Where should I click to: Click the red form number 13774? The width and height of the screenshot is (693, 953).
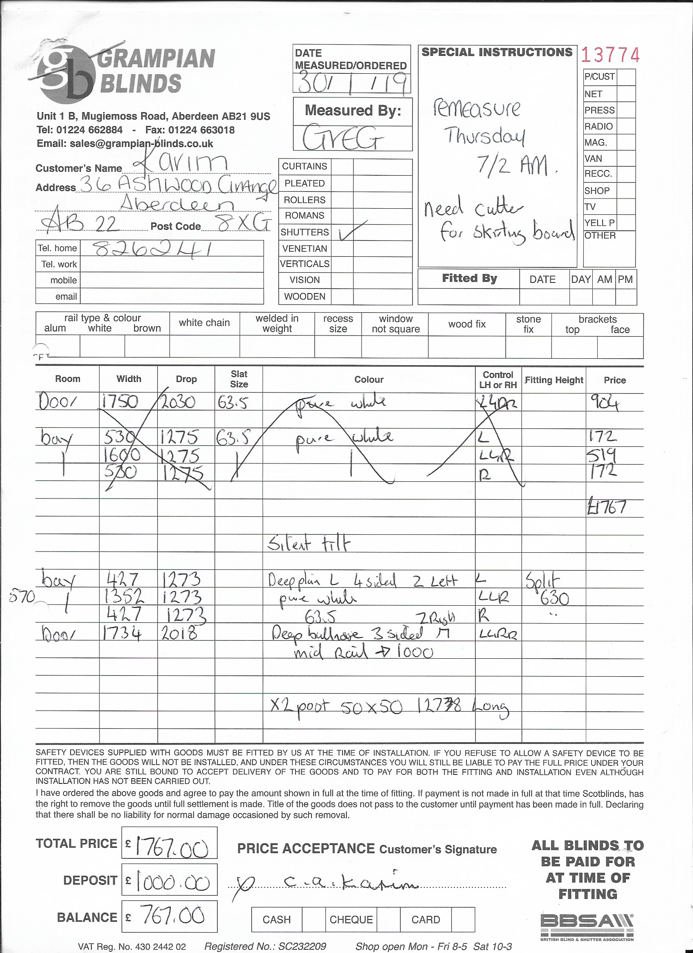pos(610,55)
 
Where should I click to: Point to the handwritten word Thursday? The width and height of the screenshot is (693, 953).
pos(484,136)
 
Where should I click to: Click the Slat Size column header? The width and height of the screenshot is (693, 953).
pos(239,379)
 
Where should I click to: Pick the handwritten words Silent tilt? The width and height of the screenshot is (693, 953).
pos(308,544)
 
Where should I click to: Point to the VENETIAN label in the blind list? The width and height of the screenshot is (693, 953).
pos(304,248)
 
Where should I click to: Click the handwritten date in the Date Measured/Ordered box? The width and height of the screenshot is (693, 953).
pos(351,82)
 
